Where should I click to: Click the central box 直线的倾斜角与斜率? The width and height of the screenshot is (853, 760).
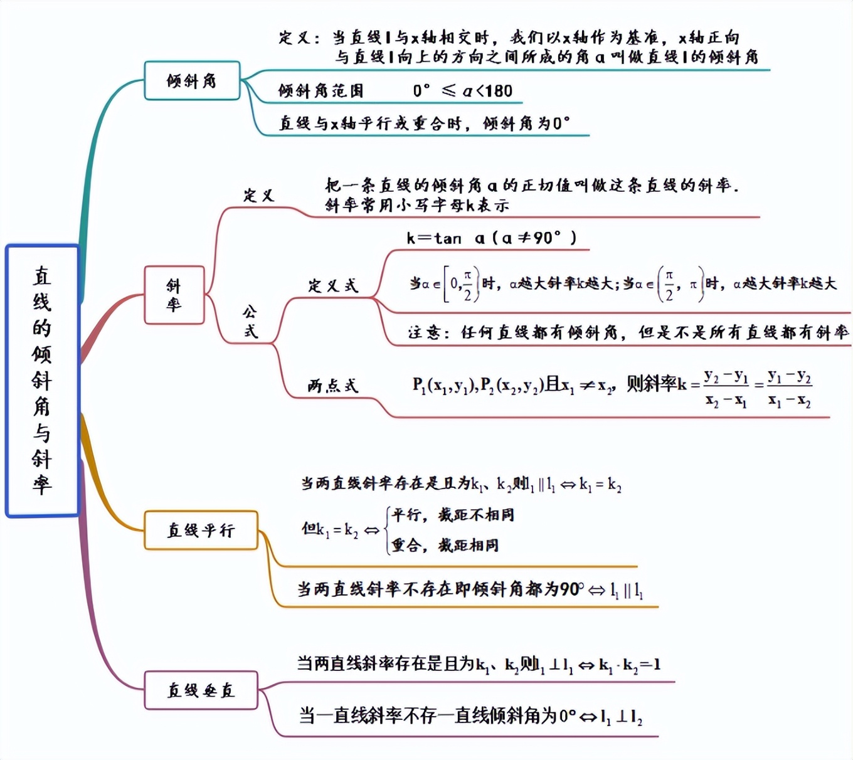tap(42, 381)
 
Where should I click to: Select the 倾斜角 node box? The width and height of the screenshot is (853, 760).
tap(192, 81)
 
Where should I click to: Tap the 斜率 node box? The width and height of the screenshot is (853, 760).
tap(174, 295)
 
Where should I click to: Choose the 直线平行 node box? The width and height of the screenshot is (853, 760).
tap(201, 530)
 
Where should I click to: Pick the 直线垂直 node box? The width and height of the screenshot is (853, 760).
tap(201, 690)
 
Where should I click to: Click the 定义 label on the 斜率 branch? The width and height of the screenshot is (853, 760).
tap(258, 196)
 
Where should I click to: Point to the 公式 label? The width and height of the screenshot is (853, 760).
tap(250, 321)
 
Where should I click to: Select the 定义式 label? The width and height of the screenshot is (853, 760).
tap(332, 286)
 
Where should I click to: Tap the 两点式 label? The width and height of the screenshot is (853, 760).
tap(332, 386)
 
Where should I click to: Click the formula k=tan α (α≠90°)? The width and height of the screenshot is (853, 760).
tap(491, 238)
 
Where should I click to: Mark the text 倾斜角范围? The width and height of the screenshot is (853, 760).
tap(321, 91)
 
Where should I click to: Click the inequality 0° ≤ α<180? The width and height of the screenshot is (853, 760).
tap(462, 91)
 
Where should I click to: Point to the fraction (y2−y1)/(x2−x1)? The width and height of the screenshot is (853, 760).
tap(726, 388)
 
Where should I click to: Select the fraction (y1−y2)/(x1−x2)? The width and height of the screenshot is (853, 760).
tap(790, 388)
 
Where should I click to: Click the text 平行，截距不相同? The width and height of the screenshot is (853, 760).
tap(453, 515)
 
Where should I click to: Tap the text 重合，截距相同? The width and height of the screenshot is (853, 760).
tap(445, 546)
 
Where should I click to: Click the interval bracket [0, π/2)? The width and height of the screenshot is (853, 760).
tap(461, 285)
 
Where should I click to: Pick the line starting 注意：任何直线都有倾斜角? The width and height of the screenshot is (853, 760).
tap(627, 332)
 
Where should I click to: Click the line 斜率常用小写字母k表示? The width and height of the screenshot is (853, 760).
tap(417, 205)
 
